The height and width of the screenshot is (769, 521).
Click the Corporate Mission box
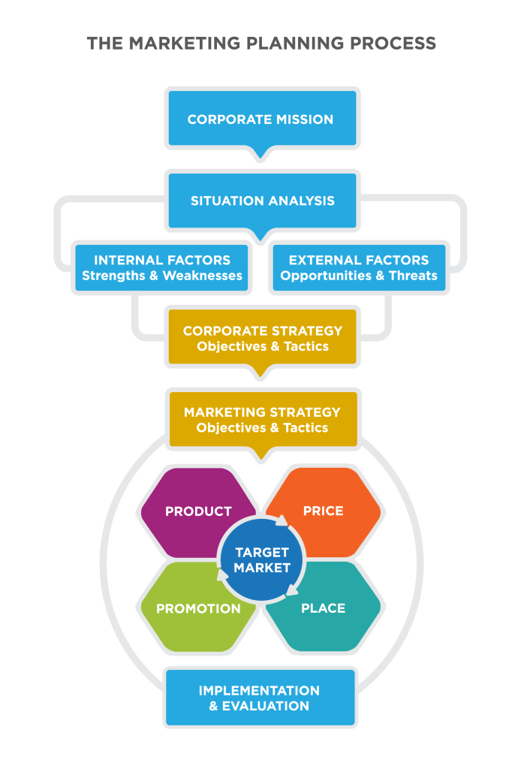click(x=260, y=119)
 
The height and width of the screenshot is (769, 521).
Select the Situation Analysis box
click(x=262, y=201)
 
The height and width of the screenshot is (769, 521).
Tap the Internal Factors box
click(x=161, y=267)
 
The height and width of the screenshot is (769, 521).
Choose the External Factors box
click(x=359, y=267)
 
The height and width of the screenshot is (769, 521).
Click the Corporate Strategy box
click(x=262, y=338)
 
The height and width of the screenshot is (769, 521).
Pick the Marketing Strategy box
click(x=262, y=419)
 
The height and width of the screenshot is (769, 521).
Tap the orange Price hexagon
click(x=330, y=511)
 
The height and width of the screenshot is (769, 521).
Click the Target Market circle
click(x=261, y=559)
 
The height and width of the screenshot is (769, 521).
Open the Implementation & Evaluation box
click(x=260, y=698)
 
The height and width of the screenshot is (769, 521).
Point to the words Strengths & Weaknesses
click(x=161, y=276)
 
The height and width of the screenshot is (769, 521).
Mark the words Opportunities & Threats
click(x=359, y=276)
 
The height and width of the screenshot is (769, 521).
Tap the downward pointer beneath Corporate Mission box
click(x=260, y=155)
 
